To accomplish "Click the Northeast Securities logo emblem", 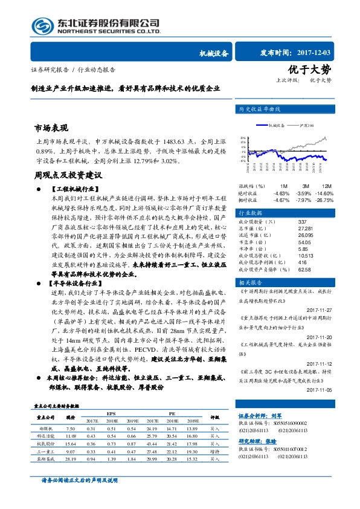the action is (x=43, y=25).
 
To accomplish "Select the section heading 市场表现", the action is (x=51, y=128).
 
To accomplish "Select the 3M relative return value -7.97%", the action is (x=303, y=199).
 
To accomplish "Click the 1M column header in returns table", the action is (x=283, y=186).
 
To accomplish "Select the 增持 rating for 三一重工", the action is (x=214, y=450).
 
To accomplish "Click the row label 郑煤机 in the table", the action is (x=46, y=428).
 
